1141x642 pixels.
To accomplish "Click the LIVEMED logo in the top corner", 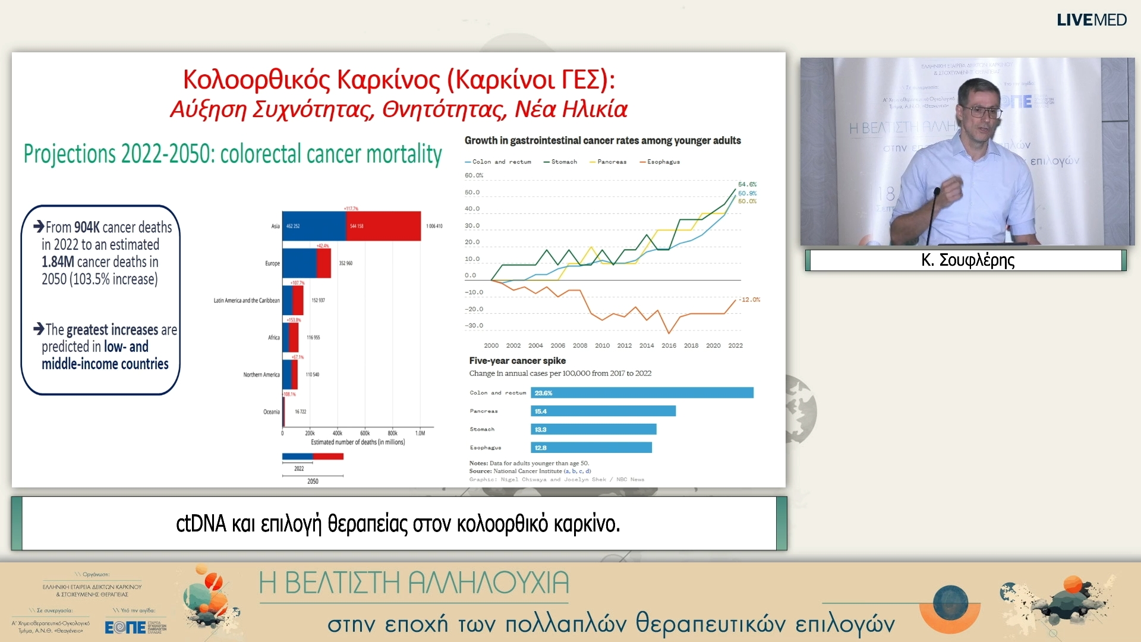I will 1091,20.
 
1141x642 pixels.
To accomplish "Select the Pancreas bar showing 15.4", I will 603,411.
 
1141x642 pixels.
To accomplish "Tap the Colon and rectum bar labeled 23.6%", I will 642,393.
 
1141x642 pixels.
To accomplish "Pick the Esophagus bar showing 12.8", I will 591,448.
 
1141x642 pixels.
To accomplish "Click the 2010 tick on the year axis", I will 602,345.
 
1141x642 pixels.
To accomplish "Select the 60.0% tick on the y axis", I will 474,175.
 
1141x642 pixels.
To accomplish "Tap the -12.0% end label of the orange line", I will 749,300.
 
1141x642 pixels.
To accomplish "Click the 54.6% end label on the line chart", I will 747,184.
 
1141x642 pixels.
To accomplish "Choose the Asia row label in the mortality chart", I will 275,226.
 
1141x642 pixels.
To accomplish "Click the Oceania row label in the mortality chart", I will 271,412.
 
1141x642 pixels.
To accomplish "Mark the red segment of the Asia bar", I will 383,226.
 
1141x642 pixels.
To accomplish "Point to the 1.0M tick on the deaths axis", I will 420,433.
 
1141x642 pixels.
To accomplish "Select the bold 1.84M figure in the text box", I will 58,262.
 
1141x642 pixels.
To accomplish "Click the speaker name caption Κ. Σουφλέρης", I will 967,260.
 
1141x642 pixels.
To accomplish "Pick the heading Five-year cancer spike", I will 517,361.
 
